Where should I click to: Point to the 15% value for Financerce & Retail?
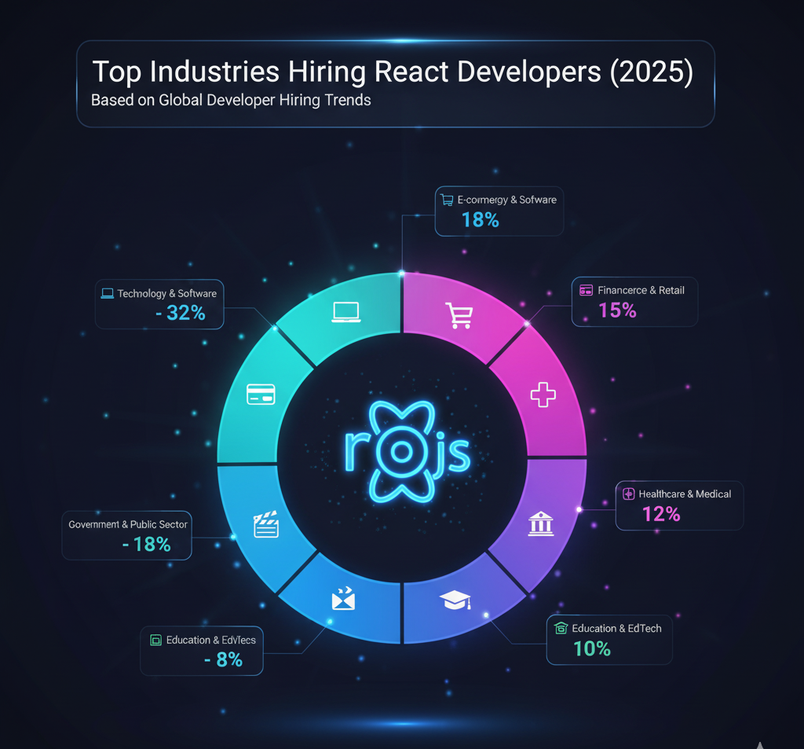[617, 310]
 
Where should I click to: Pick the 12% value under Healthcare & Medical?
[661, 514]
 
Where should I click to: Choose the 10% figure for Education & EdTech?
[592, 648]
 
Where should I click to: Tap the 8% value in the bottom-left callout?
[228, 660]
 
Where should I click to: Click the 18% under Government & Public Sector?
[152, 544]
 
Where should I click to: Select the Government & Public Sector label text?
[128, 524]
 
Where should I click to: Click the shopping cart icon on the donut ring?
[459, 315]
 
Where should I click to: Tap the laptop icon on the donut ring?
[345, 312]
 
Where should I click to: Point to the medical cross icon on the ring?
[543, 393]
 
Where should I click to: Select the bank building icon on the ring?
[541, 523]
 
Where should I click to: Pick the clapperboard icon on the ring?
[266, 524]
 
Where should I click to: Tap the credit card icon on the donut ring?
[261, 394]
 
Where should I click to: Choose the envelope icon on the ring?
[343, 600]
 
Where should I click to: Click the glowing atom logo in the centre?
[401, 450]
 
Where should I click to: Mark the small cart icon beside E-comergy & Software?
[447, 200]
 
